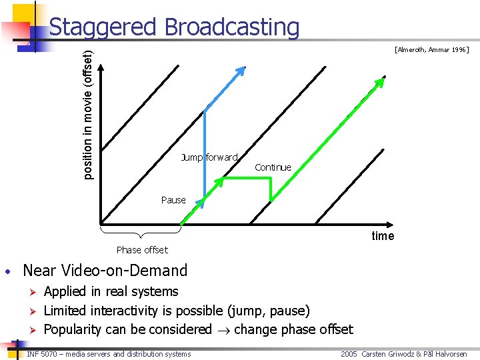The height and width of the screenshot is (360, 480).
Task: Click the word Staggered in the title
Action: (x=103, y=27)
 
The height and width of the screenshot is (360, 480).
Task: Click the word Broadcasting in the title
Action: (x=231, y=27)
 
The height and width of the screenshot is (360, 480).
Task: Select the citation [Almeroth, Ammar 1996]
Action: (x=431, y=49)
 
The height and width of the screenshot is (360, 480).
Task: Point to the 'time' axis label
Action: (x=383, y=235)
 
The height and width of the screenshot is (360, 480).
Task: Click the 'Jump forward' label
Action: (x=209, y=157)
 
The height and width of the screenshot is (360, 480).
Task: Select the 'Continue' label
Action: (x=273, y=167)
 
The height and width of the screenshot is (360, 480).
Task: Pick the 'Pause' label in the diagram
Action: (x=173, y=200)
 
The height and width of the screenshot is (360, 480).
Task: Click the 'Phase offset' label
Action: (x=142, y=250)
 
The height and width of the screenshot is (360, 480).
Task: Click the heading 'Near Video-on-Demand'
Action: (x=105, y=271)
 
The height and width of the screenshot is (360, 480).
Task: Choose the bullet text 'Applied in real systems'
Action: (x=111, y=291)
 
